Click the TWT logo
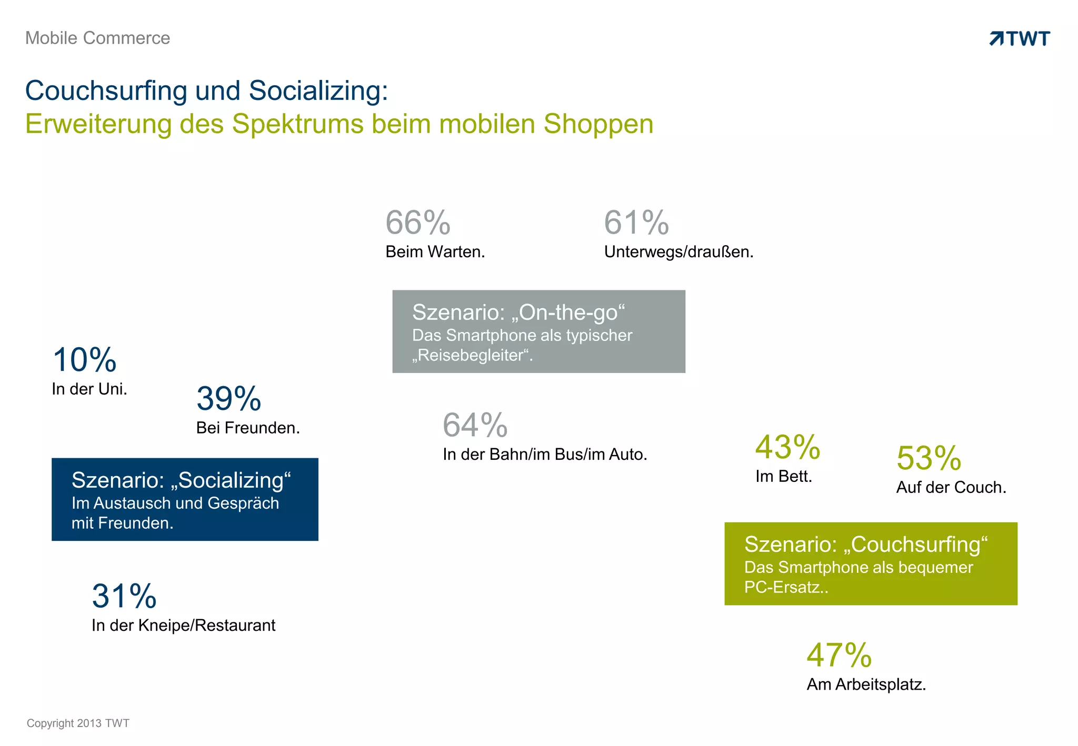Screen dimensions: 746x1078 1020,38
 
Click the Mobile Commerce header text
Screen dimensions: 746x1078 97,38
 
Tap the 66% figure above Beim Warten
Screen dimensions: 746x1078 418,223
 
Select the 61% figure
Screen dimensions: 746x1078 636,223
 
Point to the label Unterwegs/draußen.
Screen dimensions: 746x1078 678,252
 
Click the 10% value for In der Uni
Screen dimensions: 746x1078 84,360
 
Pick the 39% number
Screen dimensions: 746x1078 228,399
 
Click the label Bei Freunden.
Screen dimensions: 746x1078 248,428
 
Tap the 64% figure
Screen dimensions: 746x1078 475,425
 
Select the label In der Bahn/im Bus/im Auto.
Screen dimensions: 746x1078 545,455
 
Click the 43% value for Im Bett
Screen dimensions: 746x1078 787,447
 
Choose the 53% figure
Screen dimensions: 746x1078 929,458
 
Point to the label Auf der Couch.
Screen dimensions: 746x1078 951,488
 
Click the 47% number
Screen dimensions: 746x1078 839,655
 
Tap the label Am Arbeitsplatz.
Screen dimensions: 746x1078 866,684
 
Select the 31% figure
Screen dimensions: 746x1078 124,596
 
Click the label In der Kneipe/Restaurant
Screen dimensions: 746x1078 183,626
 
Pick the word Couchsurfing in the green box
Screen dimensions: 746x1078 918,545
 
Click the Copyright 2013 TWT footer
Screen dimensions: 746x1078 78,723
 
